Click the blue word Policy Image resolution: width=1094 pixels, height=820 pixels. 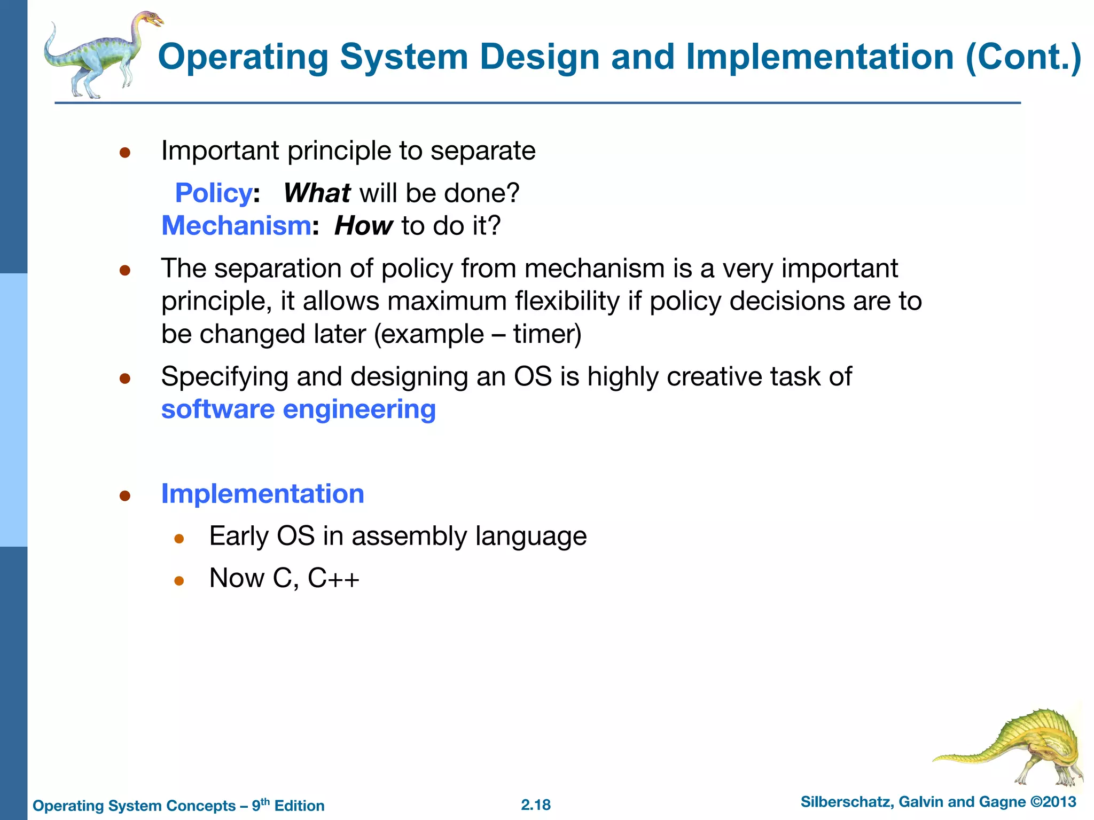click(x=213, y=193)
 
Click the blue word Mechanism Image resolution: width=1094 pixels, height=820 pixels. click(x=236, y=226)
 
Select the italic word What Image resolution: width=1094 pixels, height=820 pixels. click(x=316, y=193)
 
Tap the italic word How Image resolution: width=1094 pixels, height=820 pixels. click(x=363, y=226)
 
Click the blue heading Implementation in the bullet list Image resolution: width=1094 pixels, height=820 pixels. click(x=262, y=494)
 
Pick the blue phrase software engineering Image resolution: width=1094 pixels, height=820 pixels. click(x=298, y=409)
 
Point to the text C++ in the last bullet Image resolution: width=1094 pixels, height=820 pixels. click(x=333, y=578)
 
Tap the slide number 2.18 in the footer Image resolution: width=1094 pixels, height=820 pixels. click(x=535, y=805)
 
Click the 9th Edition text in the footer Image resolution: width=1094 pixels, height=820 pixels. click(x=288, y=805)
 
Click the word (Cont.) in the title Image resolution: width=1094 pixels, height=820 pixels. click(x=1023, y=57)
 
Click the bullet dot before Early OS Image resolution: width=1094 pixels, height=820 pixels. click(x=179, y=539)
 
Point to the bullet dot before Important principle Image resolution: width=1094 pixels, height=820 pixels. click(x=125, y=153)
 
